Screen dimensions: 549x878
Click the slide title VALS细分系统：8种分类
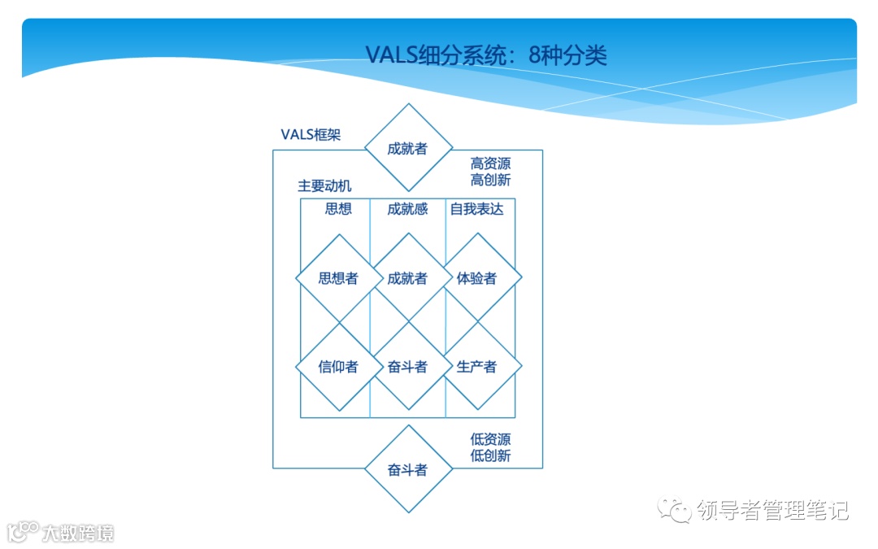click(x=485, y=55)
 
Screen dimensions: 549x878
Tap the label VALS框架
click(x=311, y=134)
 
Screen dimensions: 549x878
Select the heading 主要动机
click(x=324, y=186)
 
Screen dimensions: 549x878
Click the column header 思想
click(x=338, y=209)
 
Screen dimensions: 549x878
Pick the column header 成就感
click(x=407, y=209)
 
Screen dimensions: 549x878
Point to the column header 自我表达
click(x=476, y=209)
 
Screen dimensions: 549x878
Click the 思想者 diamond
click(x=338, y=278)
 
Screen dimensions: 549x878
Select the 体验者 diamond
click(x=477, y=278)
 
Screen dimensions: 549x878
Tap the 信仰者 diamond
click(x=338, y=367)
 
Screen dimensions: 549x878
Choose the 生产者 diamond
click(x=477, y=367)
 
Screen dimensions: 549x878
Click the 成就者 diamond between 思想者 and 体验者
click(x=407, y=278)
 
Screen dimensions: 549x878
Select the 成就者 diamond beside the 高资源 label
click(x=407, y=148)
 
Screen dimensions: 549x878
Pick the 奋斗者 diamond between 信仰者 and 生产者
click(x=407, y=367)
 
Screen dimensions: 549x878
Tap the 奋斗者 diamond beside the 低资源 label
click(x=407, y=470)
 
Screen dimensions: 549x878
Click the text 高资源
click(x=490, y=163)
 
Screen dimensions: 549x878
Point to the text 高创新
click(x=490, y=180)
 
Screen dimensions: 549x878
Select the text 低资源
click(x=490, y=439)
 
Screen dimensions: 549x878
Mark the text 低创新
click(x=490, y=455)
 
